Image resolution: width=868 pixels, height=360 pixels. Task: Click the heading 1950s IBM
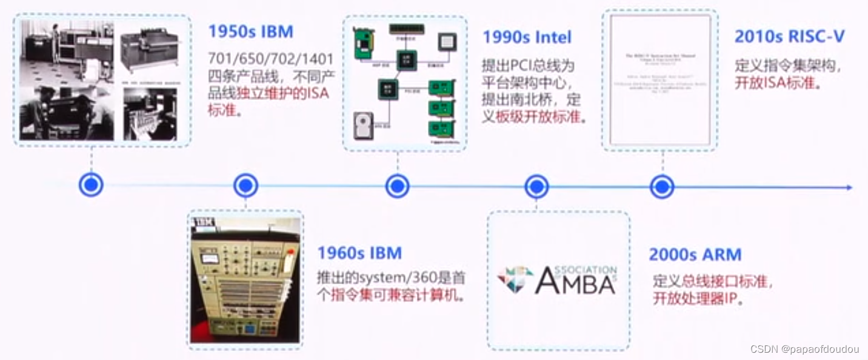[x=251, y=32]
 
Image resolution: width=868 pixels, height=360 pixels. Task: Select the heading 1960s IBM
[x=359, y=253]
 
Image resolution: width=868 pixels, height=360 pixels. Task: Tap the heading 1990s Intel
[x=527, y=38]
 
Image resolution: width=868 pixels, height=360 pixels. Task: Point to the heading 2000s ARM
[x=695, y=255]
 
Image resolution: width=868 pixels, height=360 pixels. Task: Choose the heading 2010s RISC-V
[x=789, y=37]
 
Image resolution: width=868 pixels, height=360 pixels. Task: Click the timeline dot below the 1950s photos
[x=91, y=185]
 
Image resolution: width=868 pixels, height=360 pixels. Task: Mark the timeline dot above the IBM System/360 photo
[x=245, y=185]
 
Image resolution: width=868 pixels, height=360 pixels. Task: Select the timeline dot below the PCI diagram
[x=397, y=186]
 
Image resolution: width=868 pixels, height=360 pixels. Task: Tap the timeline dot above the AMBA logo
[x=536, y=187]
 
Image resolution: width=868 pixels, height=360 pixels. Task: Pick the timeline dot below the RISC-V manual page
[x=662, y=187]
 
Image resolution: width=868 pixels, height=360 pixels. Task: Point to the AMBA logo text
[x=575, y=281]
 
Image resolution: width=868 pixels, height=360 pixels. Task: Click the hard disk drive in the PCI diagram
[x=364, y=125]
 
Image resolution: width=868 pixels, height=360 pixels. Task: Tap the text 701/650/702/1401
[x=270, y=59]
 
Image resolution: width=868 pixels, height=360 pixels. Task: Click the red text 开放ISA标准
[x=778, y=84]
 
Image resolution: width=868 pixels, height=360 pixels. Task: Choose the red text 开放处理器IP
[x=698, y=299]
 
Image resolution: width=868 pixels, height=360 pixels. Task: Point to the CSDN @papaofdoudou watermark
[x=804, y=349]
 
